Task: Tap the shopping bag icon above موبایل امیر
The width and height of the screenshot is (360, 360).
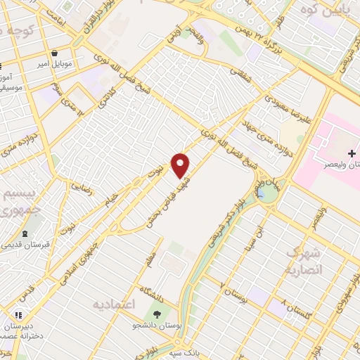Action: click(55, 53)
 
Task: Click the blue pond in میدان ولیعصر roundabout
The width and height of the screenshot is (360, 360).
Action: click(266, 192)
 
